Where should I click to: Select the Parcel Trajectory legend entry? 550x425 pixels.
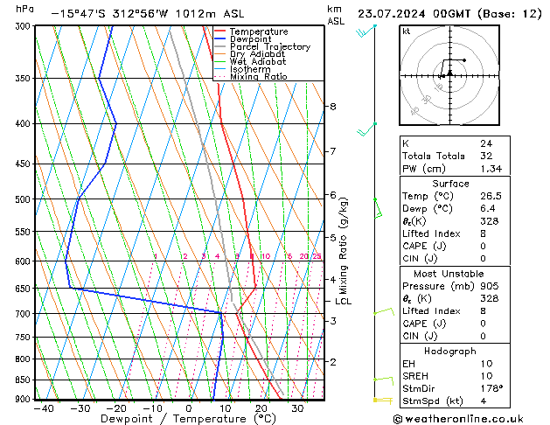(270, 47)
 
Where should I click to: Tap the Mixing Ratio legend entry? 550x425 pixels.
(258, 77)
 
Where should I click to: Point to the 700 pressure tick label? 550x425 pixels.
(20, 314)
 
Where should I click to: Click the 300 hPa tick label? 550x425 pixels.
(20, 26)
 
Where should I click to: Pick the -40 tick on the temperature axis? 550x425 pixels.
(42, 408)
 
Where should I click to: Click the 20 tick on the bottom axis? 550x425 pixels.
(261, 408)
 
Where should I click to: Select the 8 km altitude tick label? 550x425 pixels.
(332, 107)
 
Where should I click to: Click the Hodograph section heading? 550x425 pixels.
(450, 350)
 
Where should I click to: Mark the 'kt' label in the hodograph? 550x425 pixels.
(407, 31)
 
